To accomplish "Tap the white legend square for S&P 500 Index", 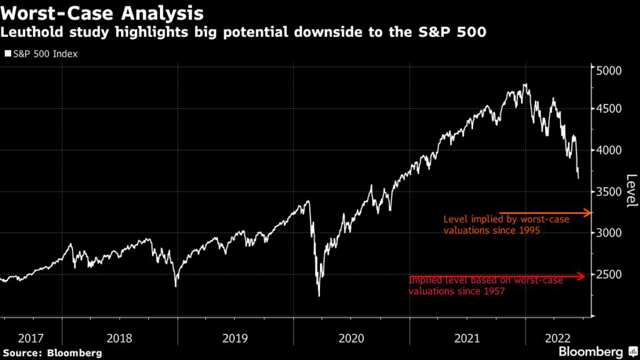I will tap(7, 54).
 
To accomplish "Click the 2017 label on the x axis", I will tap(31, 338).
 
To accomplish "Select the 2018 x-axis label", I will tap(120, 338).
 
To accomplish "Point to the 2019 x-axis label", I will tap(236, 338).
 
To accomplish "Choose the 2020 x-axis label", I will tap(351, 338).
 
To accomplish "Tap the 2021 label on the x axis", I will tap(467, 338).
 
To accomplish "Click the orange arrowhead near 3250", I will tap(588, 213).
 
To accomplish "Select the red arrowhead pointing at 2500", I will tap(582, 276).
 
